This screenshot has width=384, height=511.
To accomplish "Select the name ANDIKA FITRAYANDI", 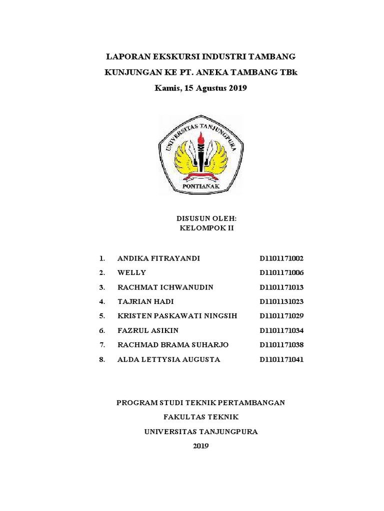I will [158, 258].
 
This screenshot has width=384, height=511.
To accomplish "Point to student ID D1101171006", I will [281, 273].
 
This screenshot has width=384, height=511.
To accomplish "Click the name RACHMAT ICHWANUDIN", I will [165, 287].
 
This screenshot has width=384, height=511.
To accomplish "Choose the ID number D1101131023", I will [281, 302].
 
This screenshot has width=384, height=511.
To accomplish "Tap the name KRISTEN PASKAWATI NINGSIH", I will [177, 316].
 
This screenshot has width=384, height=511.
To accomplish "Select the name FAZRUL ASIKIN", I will [147, 330].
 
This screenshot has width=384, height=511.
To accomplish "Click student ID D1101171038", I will [281, 345].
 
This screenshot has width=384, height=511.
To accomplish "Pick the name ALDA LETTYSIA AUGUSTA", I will [168, 359].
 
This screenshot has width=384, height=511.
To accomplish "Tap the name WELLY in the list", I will [131, 273].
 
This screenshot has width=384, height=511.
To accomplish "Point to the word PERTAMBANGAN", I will [253, 402].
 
